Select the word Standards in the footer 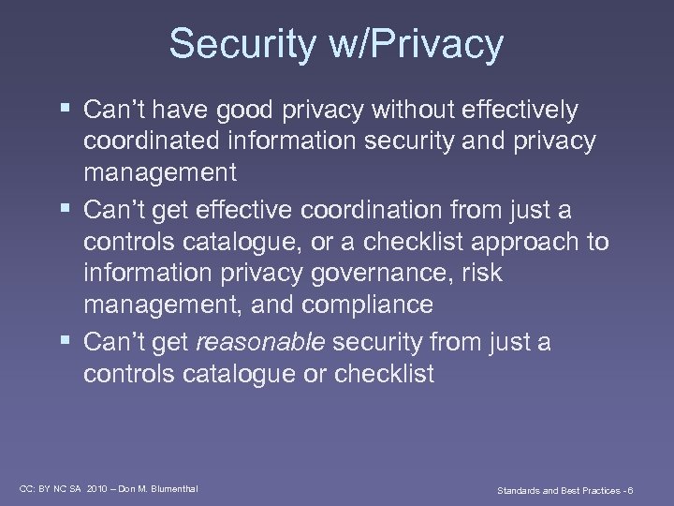click(518, 489)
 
